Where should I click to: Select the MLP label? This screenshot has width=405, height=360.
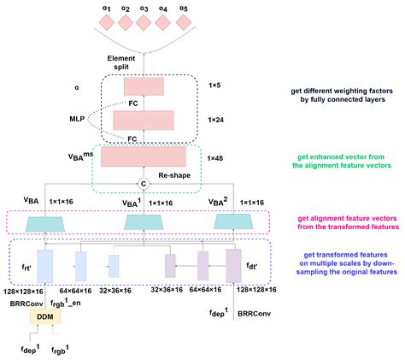pos(77,119)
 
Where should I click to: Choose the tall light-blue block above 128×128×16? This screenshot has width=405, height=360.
pos(45,264)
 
